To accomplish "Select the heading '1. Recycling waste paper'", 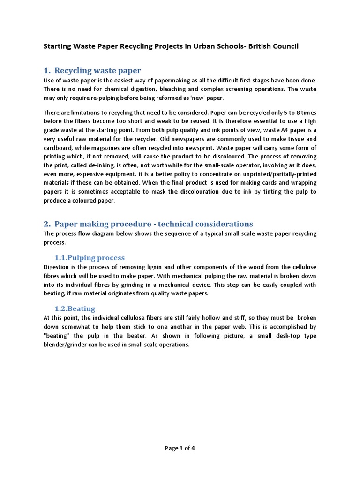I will pos(92,71).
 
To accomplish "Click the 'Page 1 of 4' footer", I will pos(180,448).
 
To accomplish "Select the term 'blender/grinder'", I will pos(67,345).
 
